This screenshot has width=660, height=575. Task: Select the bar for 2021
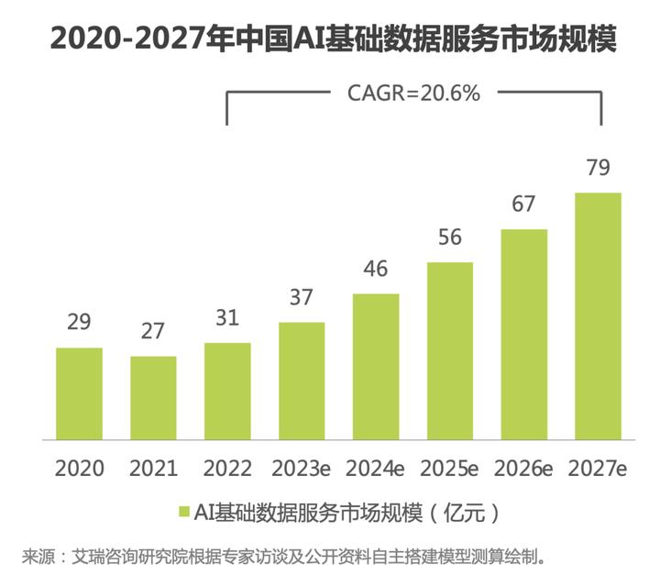point(153,397)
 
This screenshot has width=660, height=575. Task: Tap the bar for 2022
point(227,391)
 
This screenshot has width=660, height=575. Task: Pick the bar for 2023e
point(302,381)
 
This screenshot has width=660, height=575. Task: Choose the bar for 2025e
point(450,350)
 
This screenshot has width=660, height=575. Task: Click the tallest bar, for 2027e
point(598,315)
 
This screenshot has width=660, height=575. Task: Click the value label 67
point(523,205)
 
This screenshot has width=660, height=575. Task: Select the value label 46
point(376,270)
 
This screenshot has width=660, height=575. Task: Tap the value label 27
point(153,332)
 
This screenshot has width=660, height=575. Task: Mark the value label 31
point(227,319)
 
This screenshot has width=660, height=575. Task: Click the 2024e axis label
point(376,468)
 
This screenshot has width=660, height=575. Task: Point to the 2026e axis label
point(523,468)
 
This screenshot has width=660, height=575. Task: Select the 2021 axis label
point(153,468)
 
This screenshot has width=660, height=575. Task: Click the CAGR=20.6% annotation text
point(412,93)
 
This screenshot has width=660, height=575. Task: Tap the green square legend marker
point(183,510)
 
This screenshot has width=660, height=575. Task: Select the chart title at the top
point(332,39)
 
